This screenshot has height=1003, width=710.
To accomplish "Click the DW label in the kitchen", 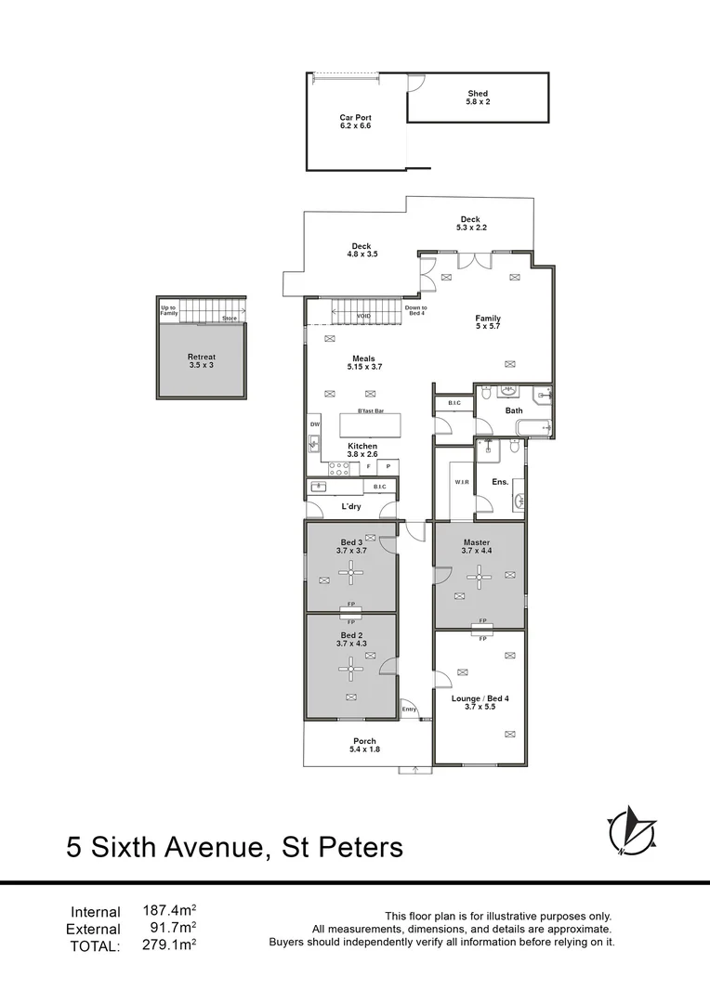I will pyautogui.click(x=315, y=424).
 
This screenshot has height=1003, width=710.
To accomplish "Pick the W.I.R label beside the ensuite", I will pyautogui.click(x=462, y=482).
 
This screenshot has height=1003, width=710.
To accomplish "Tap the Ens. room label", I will pyautogui.click(x=500, y=482).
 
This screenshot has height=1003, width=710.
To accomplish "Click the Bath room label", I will pyautogui.click(x=514, y=410).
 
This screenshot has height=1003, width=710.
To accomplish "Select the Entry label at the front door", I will pyautogui.click(x=409, y=710).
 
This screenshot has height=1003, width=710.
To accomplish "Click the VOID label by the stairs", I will pyautogui.click(x=363, y=318).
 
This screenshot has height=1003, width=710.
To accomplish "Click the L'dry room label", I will pyautogui.click(x=351, y=506).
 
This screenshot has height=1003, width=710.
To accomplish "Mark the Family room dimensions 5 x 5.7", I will pyautogui.click(x=488, y=326).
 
